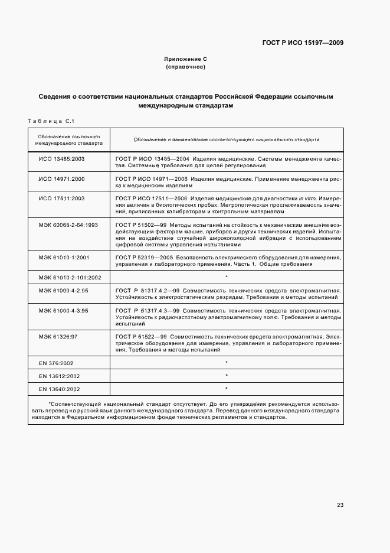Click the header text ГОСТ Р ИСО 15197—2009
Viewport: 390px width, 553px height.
303,43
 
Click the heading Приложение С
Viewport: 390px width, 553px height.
186,60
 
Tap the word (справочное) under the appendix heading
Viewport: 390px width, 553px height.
186,67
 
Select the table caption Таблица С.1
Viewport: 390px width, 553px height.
50,121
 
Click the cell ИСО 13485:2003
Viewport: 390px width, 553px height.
62,160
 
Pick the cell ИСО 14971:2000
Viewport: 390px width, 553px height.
62,178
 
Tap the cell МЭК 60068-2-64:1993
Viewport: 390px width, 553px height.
68,225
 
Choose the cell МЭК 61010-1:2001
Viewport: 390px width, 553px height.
64,258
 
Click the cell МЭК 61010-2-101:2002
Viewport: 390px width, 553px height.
70,277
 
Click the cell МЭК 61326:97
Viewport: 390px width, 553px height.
58,336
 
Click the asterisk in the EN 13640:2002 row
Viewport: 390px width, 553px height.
227,389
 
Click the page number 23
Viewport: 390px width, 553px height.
340,505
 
